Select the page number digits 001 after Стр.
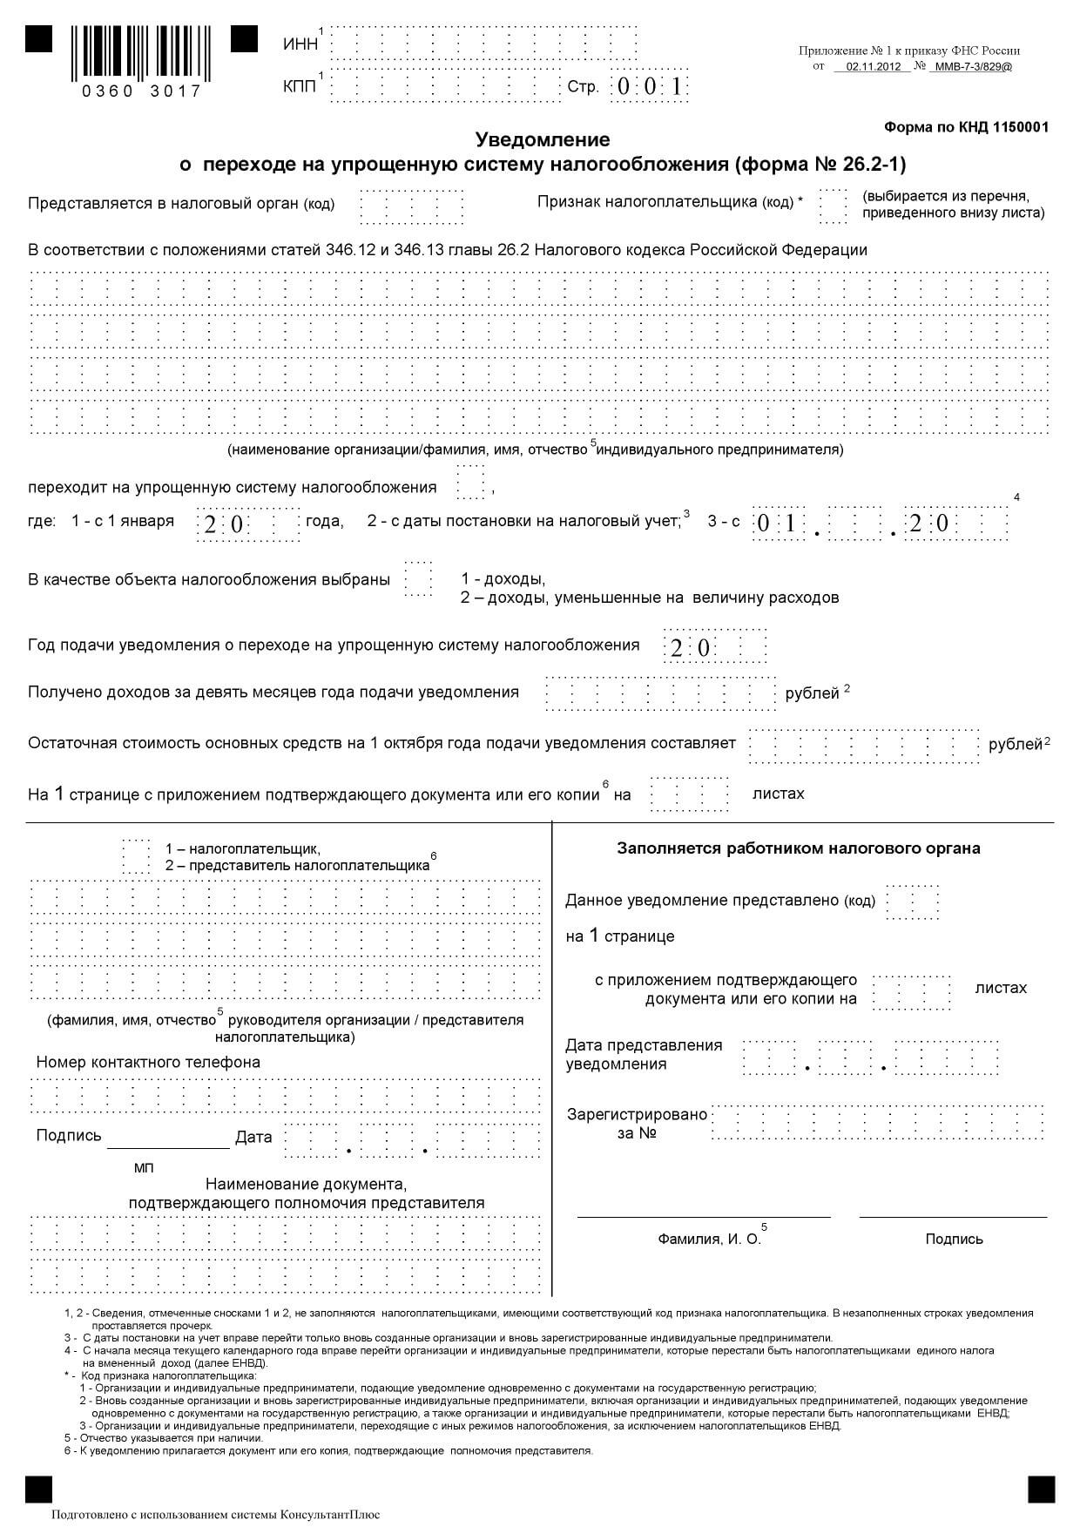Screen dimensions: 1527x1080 click(648, 87)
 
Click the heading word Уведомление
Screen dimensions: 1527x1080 click(542, 139)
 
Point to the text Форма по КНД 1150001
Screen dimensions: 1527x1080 click(966, 127)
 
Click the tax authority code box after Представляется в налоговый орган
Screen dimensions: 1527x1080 click(411, 207)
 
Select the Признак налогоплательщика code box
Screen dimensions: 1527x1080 click(832, 206)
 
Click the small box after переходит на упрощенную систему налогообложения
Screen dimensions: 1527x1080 click(470, 482)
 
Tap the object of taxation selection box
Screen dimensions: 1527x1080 click(418, 578)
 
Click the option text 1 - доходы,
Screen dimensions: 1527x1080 click(503, 579)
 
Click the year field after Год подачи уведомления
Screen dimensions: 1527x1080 click(714, 646)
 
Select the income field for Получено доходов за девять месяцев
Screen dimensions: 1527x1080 click(659, 693)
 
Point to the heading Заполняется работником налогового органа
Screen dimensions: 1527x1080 click(798, 848)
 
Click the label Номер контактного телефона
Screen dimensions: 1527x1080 click(148, 1062)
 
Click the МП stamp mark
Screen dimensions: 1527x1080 click(144, 1167)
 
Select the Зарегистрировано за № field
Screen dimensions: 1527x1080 click(877, 1122)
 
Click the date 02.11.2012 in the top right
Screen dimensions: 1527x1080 click(872, 66)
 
